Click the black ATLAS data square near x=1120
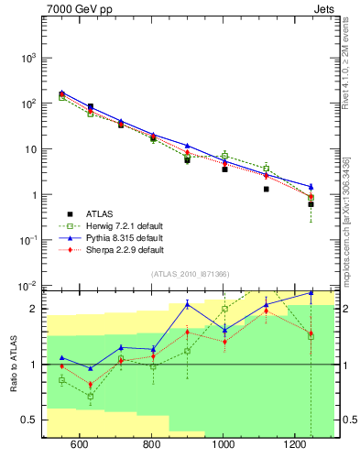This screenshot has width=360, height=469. click(x=267, y=190)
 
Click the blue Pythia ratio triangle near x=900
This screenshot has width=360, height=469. click(x=188, y=303)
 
